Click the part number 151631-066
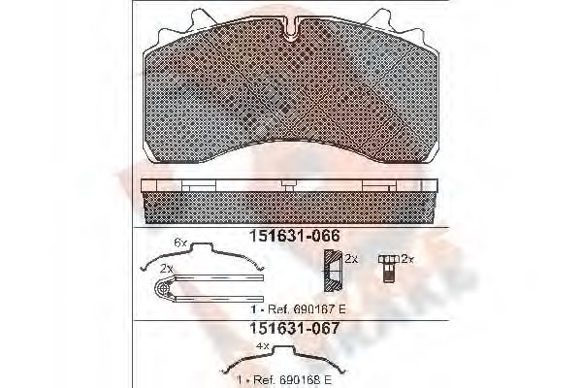pos(290,234)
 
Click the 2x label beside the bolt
pos(408,260)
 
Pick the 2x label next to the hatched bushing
pos(352,260)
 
